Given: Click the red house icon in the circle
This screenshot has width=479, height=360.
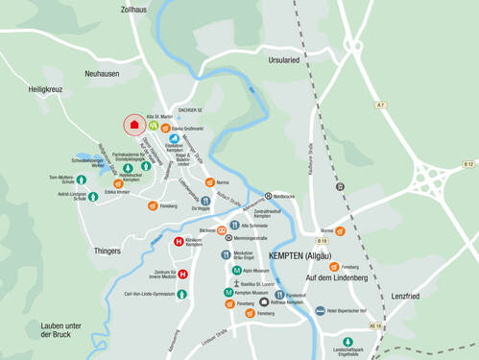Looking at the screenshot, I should pos(135,124).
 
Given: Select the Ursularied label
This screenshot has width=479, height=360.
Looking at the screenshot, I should pos(284,59).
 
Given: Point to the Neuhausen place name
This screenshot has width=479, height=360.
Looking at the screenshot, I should pos(101,73).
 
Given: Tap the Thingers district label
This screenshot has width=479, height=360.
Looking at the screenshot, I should pos(108,251).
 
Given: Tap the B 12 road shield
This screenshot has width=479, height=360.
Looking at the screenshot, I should pos(467,165).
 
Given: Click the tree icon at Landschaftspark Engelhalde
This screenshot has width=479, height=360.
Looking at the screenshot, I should pos(348,340).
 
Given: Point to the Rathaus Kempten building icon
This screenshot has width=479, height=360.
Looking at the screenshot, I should pos(264,302).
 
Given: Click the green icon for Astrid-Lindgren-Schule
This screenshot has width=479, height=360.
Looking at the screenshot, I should pos(94,197).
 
